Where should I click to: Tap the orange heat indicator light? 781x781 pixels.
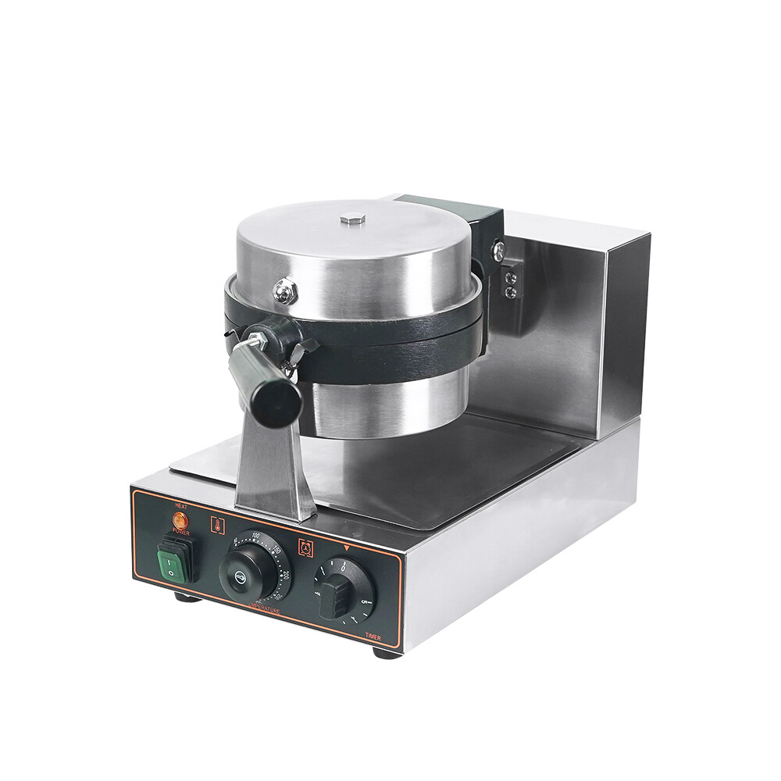click(x=180, y=519)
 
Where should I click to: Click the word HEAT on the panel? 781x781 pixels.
click(x=181, y=506)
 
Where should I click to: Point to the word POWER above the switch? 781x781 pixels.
click(x=181, y=532)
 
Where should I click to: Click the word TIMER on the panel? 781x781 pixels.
click(x=373, y=637)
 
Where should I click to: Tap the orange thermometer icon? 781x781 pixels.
click(x=217, y=525)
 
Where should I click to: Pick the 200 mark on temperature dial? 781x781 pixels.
click(x=287, y=576)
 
